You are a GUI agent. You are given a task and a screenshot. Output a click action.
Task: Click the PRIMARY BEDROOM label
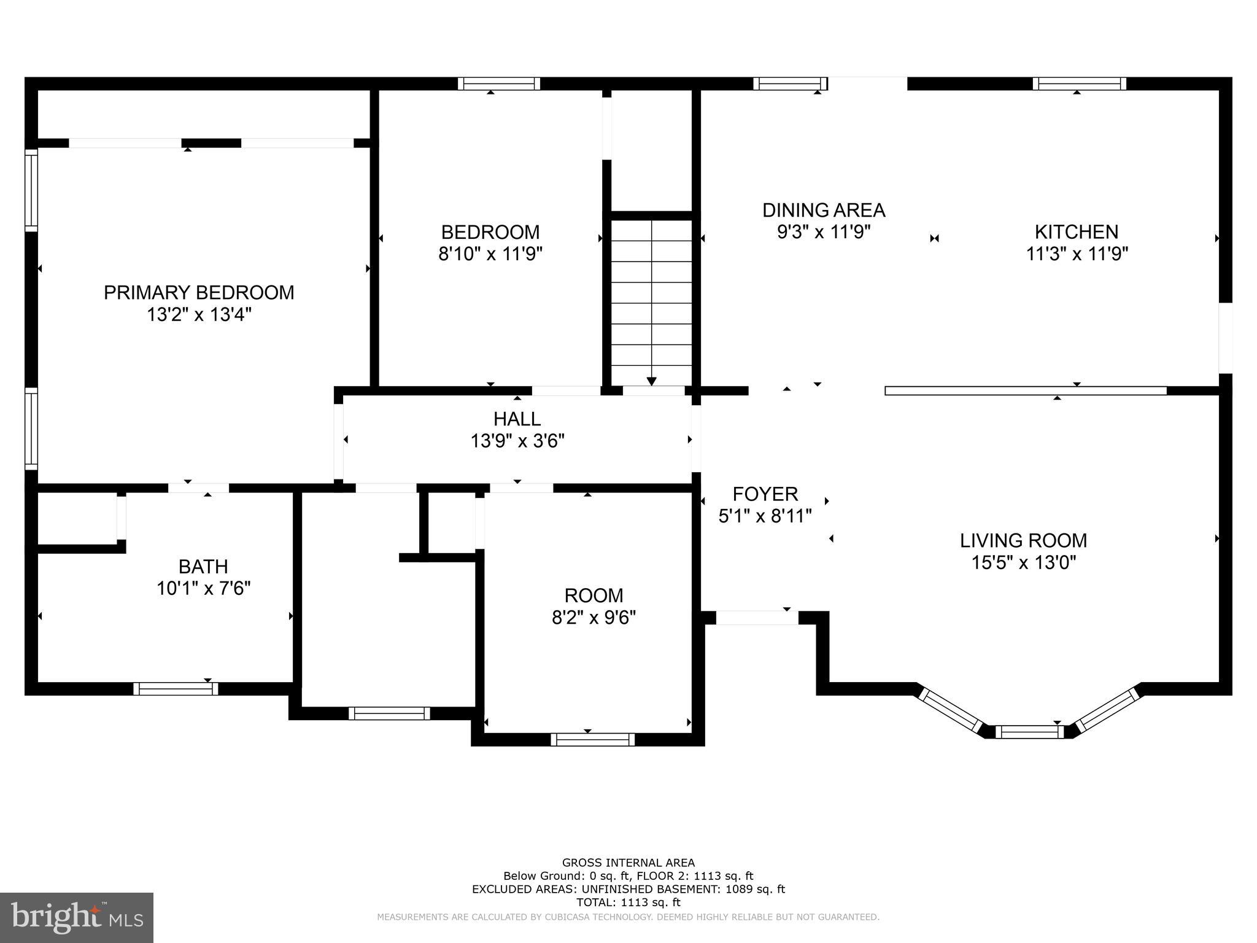pos(199,292)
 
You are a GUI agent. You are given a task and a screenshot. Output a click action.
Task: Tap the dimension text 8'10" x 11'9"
pos(490,254)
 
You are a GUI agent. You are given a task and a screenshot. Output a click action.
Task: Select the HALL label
pos(517,419)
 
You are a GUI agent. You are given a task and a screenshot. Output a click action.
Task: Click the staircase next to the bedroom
pos(651,301)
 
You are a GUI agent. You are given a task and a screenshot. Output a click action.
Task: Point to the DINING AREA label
pos(823,210)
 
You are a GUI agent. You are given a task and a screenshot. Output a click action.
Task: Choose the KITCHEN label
pos(1076,231)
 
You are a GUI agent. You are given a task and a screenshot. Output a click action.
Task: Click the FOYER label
pos(765,494)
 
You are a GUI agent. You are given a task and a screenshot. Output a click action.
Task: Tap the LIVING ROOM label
pos(1023,540)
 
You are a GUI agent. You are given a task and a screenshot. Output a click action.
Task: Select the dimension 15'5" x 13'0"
pos(1023,562)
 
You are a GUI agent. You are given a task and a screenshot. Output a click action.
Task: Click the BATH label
pos(203,566)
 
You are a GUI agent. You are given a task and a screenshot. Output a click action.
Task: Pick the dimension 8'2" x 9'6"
pos(594,617)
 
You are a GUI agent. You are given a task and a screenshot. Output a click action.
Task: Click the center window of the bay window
pos(1029,731)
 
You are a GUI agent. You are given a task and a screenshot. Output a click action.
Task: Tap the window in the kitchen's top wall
pos(1079,83)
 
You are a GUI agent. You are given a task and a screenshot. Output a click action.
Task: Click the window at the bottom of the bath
pos(176,689)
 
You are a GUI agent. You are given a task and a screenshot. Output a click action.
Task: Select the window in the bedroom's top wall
pos(498,83)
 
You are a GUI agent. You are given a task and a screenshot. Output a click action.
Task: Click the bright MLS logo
pos(77,917)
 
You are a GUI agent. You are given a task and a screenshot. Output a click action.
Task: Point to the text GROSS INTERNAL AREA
pos(628,863)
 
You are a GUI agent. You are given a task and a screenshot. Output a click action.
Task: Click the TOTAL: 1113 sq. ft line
pos(628,902)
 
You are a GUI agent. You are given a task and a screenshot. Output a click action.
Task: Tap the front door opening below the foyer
pos(757,618)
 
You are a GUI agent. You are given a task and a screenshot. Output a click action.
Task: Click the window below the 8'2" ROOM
pos(592,739)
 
